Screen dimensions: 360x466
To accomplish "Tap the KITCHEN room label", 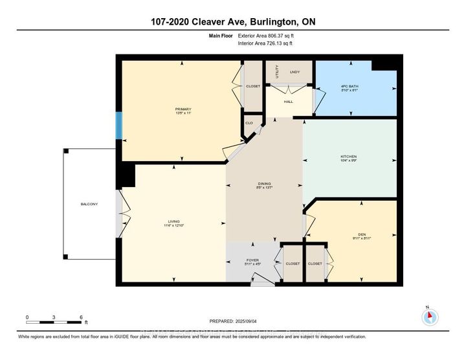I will coord(349,157).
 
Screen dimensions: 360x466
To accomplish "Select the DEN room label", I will coord(353,234).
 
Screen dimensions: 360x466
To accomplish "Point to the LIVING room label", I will coord(173,221).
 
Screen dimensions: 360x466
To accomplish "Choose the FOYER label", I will coord(252,260).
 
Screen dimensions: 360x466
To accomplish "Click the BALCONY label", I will coord(89,205).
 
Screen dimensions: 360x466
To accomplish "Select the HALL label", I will coord(289,101).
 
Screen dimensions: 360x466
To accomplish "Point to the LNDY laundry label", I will coord(295,72).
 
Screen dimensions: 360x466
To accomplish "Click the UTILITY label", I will coord(276,72).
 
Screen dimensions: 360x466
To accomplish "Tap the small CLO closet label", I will coord(249,122).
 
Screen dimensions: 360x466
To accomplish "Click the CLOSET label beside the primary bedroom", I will coord(252,86).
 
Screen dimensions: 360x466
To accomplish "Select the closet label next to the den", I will coord(315,264).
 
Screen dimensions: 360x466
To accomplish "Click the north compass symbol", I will coord(430,317).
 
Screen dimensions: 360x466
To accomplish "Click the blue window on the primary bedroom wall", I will coord(118,126).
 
